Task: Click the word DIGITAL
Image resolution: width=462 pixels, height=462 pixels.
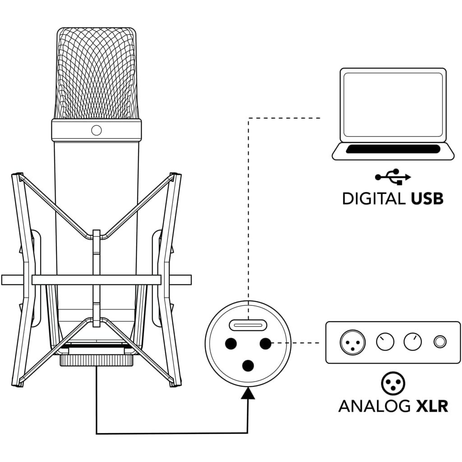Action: tap(374, 199)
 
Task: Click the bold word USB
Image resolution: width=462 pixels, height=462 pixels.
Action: tap(427, 199)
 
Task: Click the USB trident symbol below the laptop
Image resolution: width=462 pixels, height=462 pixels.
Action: tap(393, 177)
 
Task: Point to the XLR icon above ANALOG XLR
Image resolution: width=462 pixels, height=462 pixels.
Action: tap(393, 383)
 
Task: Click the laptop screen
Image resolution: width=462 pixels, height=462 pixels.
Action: tap(393, 105)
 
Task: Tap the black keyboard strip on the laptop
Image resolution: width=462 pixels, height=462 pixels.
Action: tap(393, 149)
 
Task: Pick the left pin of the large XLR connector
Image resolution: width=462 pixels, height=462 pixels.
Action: tap(231, 343)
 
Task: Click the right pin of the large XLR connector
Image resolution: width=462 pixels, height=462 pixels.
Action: tap(265, 343)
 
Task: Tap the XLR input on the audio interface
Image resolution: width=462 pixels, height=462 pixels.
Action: tap(353, 342)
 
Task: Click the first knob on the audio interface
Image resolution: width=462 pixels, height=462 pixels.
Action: tap(385, 342)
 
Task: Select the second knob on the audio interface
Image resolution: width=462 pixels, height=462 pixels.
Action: tap(412, 342)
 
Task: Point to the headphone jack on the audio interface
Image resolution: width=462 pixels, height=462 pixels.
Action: tap(440, 342)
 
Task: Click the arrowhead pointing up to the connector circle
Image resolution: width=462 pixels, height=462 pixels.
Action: tap(248, 393)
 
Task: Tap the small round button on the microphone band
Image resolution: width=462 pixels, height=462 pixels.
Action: tap(97, 130)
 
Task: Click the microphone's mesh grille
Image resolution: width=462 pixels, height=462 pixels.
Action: tap(97, 74)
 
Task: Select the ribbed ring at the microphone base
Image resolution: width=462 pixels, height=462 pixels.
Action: tap(97, 360)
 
